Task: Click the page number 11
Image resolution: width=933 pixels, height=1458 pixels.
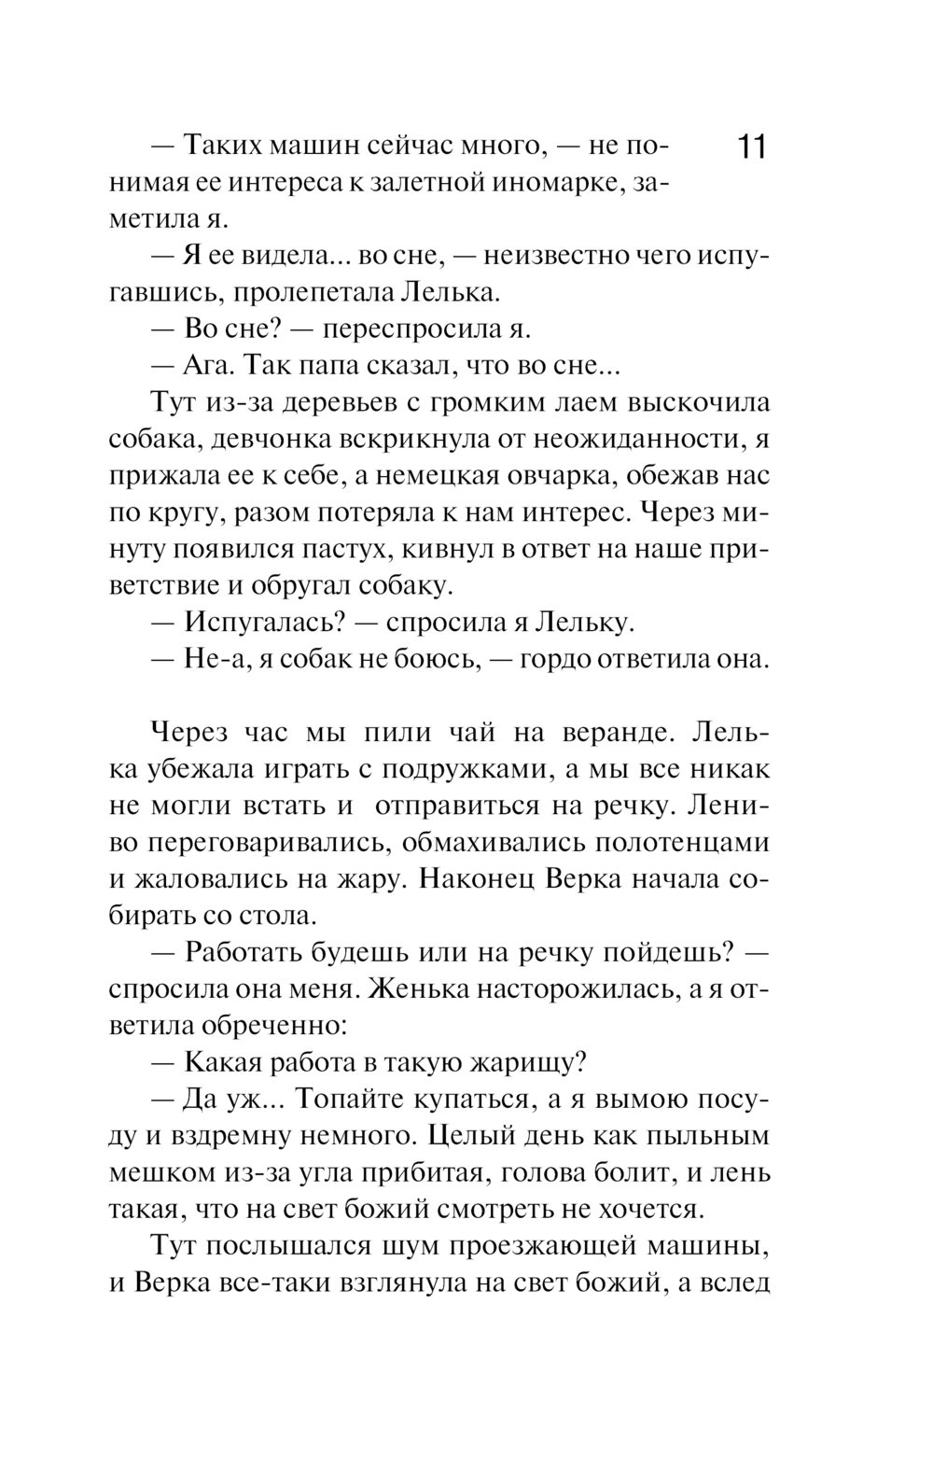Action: tap(752, 148)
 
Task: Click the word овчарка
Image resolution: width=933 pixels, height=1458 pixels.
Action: tap(540, 475)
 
